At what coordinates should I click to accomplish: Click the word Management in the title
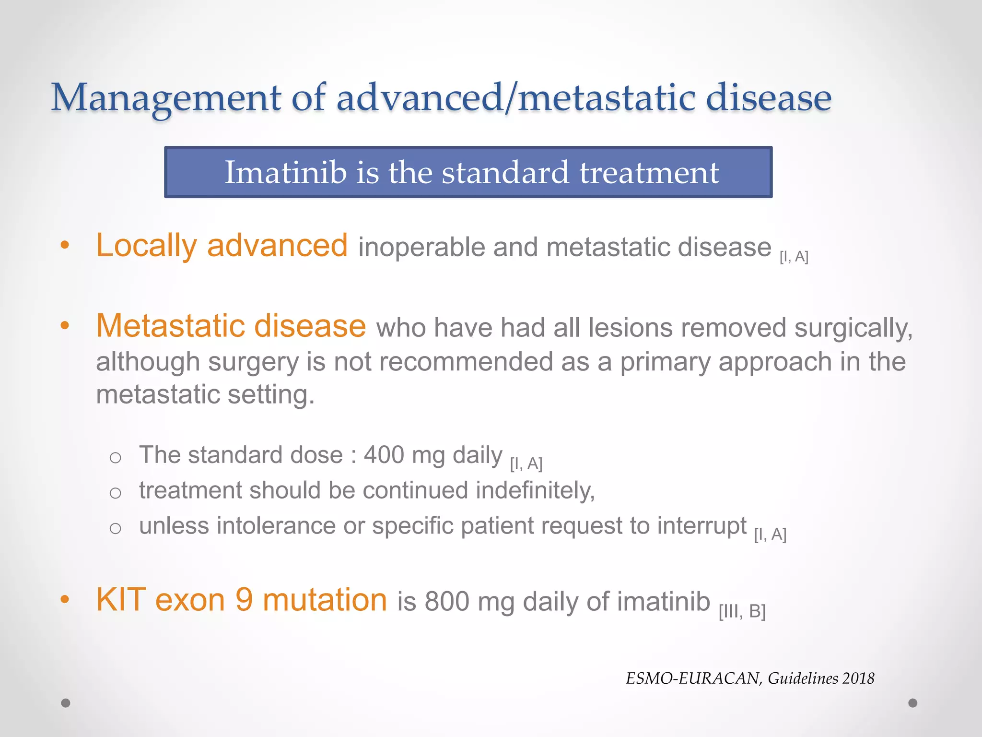tap(166, 98)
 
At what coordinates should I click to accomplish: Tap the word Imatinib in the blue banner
tap(286, 172)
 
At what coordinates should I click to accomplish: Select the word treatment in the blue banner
tap(649, 172)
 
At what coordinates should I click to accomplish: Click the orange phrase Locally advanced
tap(222, 245)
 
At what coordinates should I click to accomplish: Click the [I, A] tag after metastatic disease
tap(794, 257)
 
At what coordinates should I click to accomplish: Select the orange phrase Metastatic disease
tap(231, 326)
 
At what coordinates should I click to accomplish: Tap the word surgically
tap(853, 328)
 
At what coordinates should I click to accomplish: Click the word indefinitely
tap(535, 491)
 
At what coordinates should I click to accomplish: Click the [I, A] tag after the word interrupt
tap(770, 535)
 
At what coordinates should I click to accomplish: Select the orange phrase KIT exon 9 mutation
tap(241, 600)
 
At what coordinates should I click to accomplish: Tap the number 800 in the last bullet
tap(446, 602)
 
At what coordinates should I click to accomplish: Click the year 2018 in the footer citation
tap(858, 678)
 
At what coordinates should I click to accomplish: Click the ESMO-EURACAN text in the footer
tap(693, 678)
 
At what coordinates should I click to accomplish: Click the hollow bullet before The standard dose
tap(115, 458)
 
